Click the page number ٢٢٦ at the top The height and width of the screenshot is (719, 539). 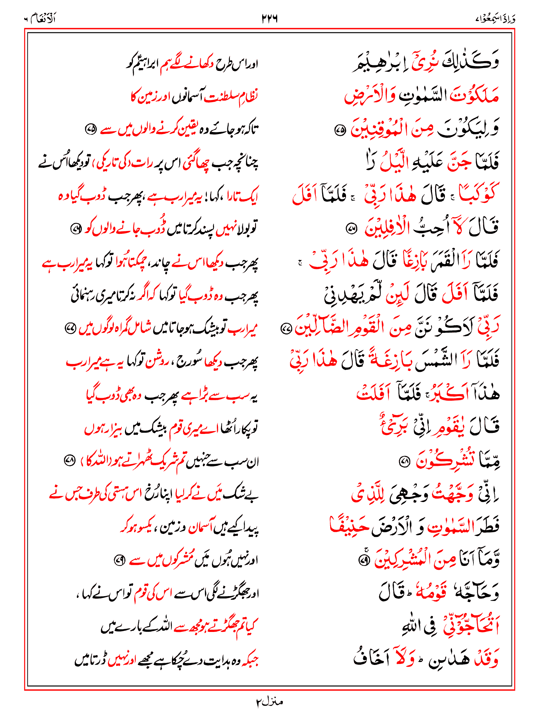269,19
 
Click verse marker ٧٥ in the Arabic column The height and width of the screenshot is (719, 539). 340,131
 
